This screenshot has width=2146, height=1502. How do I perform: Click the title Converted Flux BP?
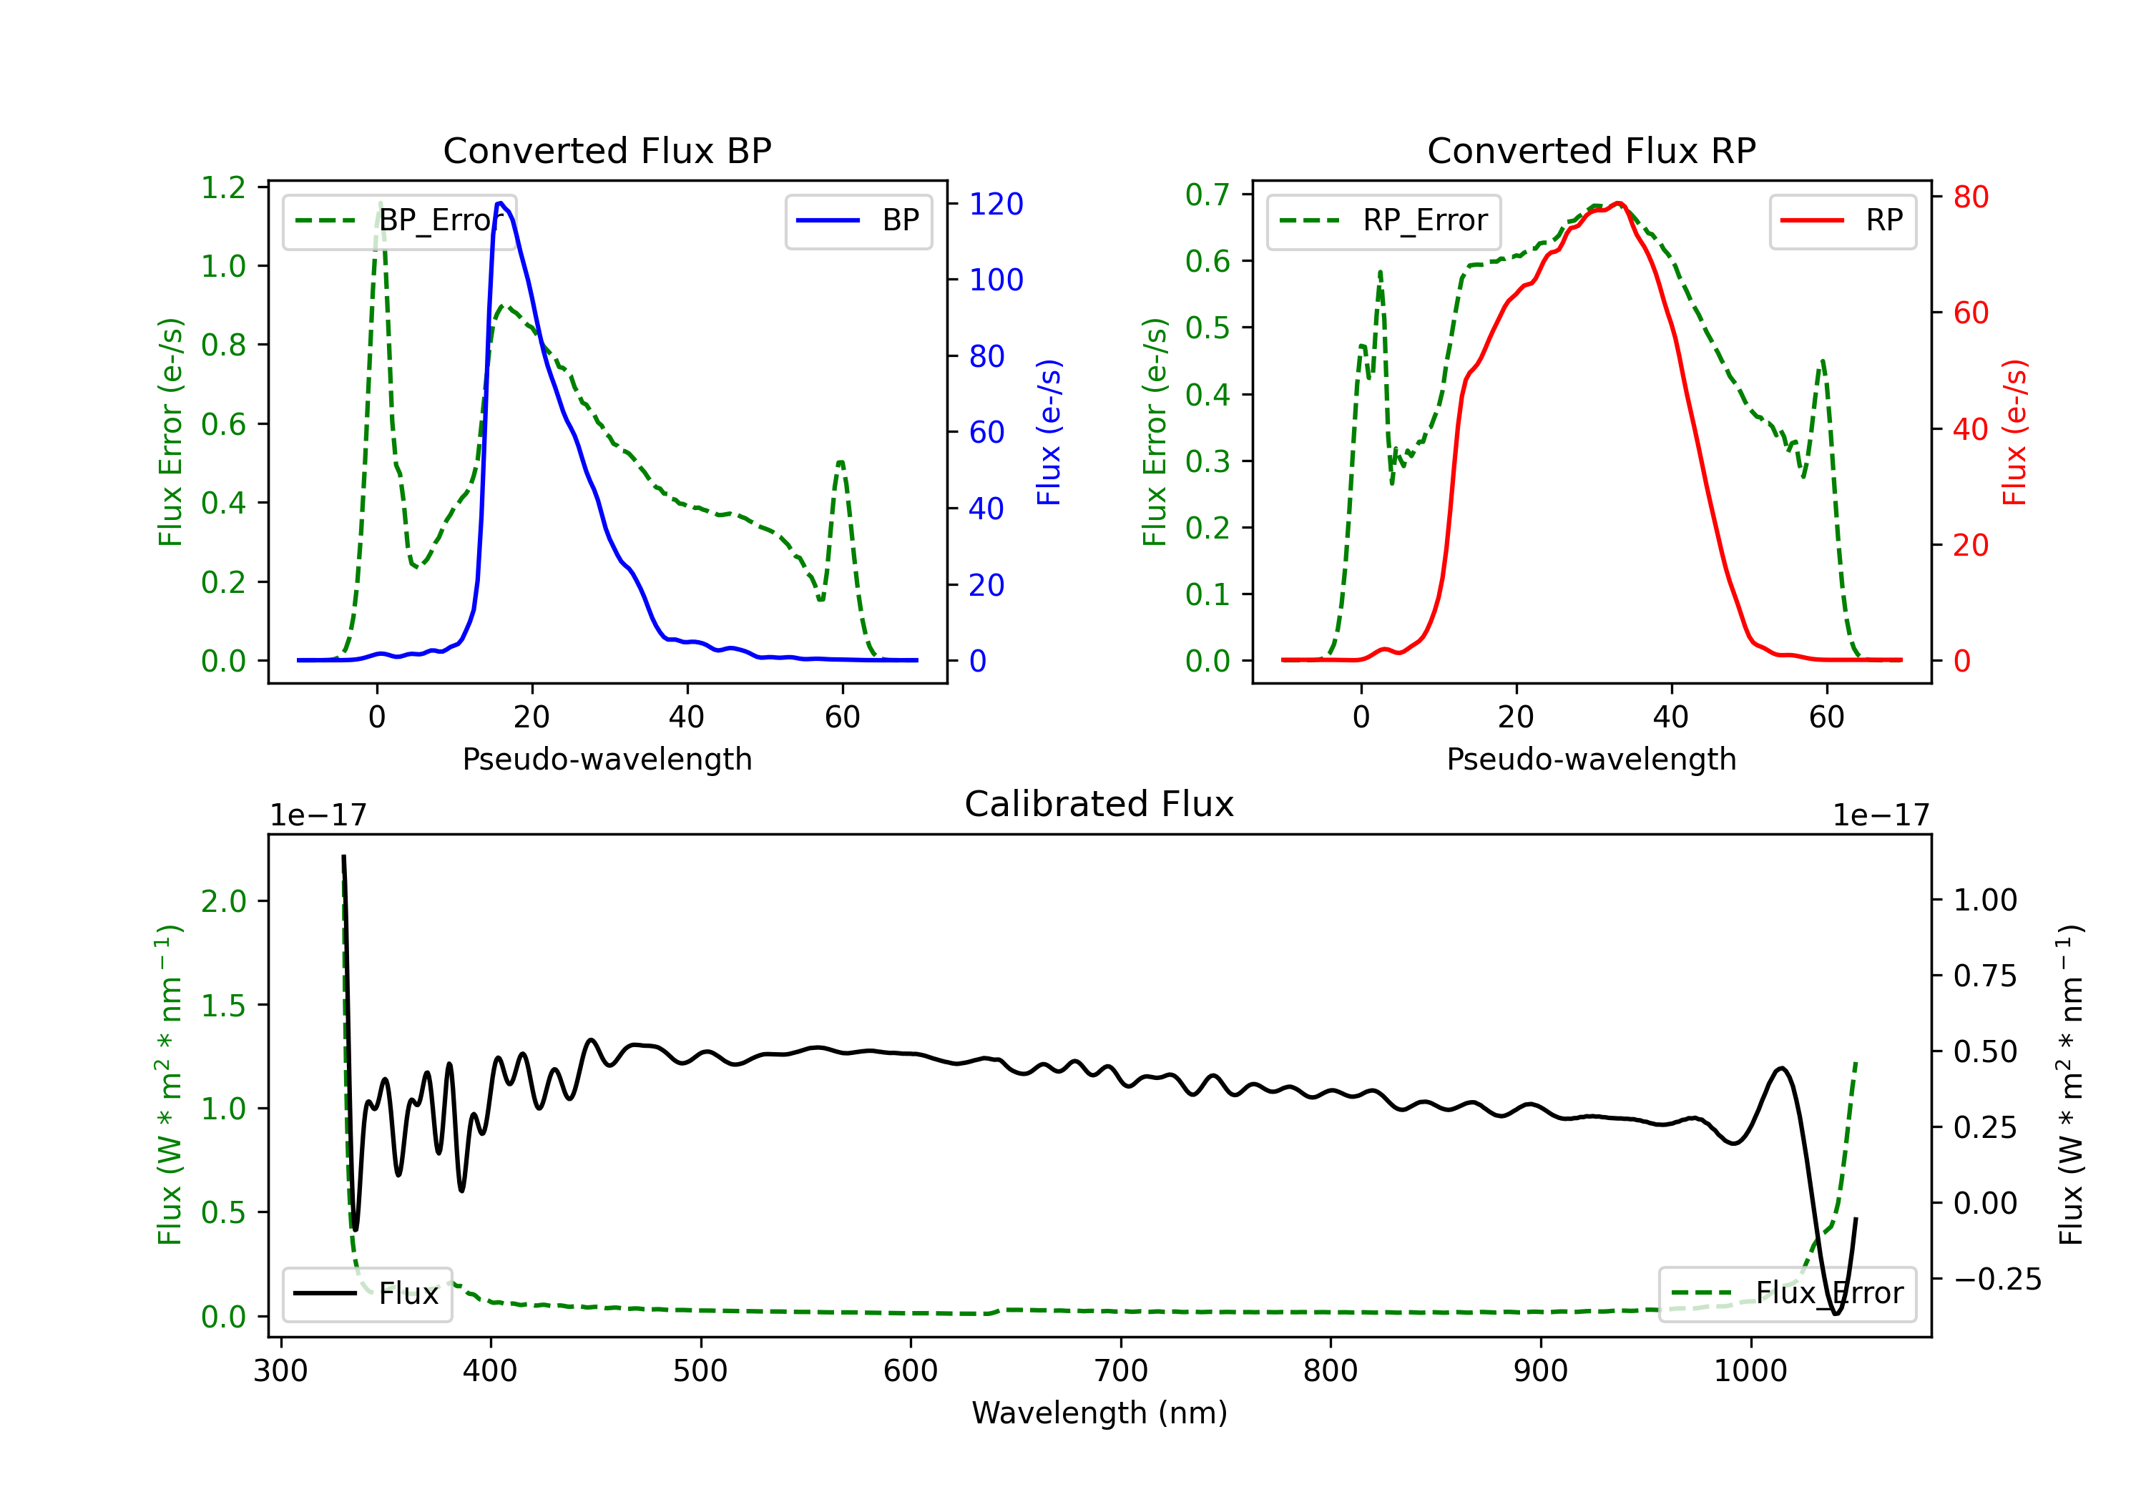[x=607, y=150]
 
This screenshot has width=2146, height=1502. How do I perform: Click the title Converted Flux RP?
[x=1591, y=150]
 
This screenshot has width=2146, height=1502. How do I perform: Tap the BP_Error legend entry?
[x=399, y=220]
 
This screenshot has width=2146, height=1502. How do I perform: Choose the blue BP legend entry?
[x=858, y=220]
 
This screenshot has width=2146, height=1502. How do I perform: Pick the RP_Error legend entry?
[x=1383, y=220]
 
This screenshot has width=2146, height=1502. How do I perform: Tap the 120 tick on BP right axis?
[x=996, y=204]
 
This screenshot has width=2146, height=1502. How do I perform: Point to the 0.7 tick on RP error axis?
[x=1207, y=195]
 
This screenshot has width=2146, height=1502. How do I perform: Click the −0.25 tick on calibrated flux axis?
[x=1996, y=1279]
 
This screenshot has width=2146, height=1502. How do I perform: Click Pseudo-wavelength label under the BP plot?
[x=607, y=759]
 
